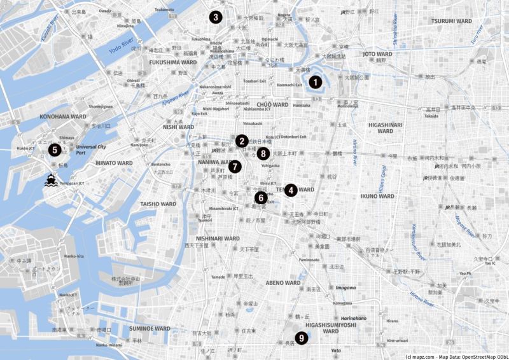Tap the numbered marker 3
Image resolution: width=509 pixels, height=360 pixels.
[216, 17]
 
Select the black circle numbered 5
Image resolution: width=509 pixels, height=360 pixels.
[54, 150]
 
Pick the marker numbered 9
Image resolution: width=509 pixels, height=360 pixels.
[301, 339]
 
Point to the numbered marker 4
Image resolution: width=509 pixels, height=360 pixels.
[291, 190]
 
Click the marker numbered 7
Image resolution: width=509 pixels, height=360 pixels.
[235, 167]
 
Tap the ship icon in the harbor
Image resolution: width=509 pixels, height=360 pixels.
[50, 181]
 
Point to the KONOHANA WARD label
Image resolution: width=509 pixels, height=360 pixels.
[63, 117]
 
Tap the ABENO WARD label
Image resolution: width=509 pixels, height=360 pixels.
[283, 282]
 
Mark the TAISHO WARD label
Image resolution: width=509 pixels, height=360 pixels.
[158, 204]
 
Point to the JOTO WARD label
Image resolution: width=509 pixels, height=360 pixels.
[377, 55]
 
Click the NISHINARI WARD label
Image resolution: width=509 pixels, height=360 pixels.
[218, 239]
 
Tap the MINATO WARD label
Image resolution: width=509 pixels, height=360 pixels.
[115, 163]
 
